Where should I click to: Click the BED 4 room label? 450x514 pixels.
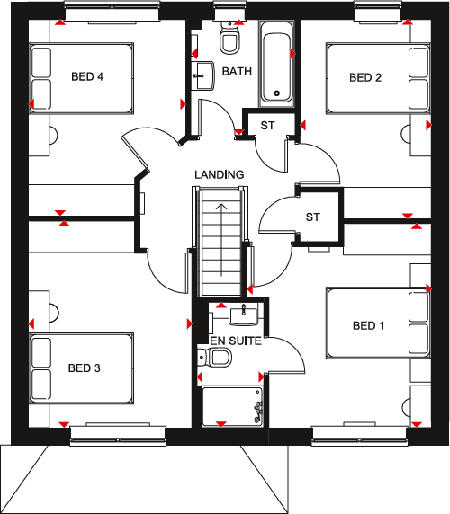[x=87, y=77]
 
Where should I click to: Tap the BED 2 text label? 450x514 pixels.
[x=365, y=77]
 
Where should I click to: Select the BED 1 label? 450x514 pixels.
[x=368, y=324]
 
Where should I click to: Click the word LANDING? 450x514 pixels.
[x=219, y=173]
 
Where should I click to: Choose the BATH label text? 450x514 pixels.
[x=237, y=71]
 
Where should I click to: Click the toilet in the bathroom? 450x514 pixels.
[x=229, y=40]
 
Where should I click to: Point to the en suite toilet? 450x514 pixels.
[x=216, y=359]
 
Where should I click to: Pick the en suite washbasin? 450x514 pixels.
[x=243, y=315]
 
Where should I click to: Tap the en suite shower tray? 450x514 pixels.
[x=231, y=405]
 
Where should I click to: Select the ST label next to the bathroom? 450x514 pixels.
[x=268, y=125]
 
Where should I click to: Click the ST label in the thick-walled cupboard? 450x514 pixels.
[x=312, y=217]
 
